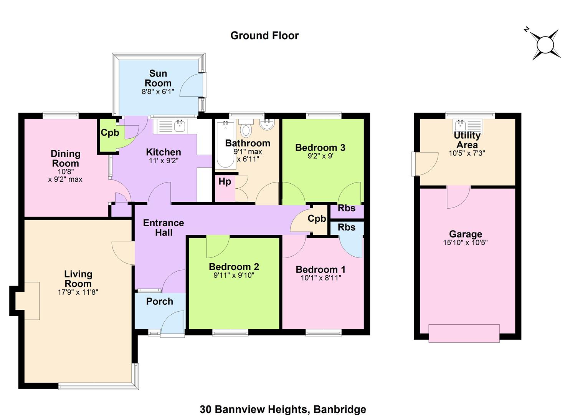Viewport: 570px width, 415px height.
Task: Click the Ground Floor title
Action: pyautogui.click(x=264, y=36)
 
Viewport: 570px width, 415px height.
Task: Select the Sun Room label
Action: pyautogui.click(x=158, y=78)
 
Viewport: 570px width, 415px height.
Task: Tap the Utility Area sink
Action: pyautogui.click(x=460, y=126)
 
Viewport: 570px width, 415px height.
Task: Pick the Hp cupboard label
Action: pyautogui.click(x=225, y=182)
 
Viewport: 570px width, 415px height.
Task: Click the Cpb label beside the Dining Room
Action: pyautogui.click(x=110, y=133)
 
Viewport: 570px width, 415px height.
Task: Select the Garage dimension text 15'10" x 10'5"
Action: pyautogui.click(x=465, y=242)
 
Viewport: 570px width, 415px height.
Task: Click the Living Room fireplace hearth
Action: pyautogui.click(x=28, y=301)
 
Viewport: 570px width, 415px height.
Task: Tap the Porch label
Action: pyautogui.click(x=160, y=301)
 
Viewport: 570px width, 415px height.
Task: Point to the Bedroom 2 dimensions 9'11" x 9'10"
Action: pyautogui.click(x=234, y=275)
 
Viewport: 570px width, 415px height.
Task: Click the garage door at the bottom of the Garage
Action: pyautogui.click(x=464, y=334)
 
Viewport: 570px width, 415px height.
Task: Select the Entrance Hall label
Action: pyautogui.click(x=164, y=228)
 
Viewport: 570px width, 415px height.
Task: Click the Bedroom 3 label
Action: pyautogui.click(x=320, y=148)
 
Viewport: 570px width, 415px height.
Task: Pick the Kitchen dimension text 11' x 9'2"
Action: pyautogui.click(x=164, y=161)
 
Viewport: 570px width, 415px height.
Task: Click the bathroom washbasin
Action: pyautogui.click(x=267, y=125)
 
